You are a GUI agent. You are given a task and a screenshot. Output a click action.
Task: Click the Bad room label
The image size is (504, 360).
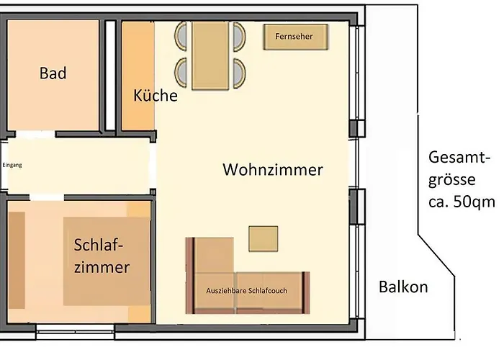[x=53, y=73]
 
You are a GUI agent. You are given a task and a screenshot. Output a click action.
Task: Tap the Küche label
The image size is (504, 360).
[x=155, y=95]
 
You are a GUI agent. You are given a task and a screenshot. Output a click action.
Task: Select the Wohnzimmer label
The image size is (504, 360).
[x=273, y=170]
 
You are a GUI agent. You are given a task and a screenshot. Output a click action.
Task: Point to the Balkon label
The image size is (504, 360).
[x=403, y=287]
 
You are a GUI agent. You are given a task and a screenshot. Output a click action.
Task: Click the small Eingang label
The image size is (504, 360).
[x=12, y=165]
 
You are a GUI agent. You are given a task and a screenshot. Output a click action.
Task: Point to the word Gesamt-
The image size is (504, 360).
[x=459, y=157]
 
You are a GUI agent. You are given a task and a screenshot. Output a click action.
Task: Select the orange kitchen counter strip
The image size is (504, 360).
[x=131, y=76]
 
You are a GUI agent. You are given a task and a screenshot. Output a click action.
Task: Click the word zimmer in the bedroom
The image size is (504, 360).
[x=102, y=268]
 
